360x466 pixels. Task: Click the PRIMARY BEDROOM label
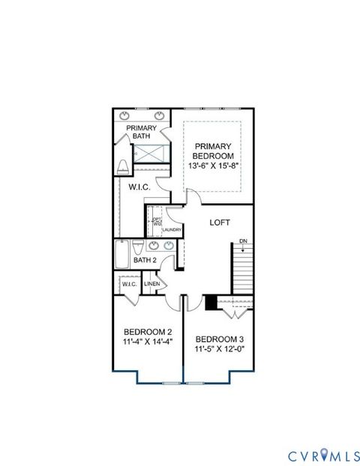tap(213, 151)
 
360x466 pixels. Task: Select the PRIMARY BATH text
tap(141, 132)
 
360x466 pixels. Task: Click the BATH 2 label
tap(144, 261)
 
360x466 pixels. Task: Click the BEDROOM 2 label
tap(148, 332)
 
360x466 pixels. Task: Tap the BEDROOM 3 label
tap(220, 339)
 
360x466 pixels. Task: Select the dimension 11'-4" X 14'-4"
tap(148, 342)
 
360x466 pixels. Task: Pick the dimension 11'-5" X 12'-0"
tap(220, 348)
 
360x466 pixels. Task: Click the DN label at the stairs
tap(243, 240)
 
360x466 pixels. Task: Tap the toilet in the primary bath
tap(124, 166)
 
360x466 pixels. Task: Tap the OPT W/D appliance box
tap(157, 222)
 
